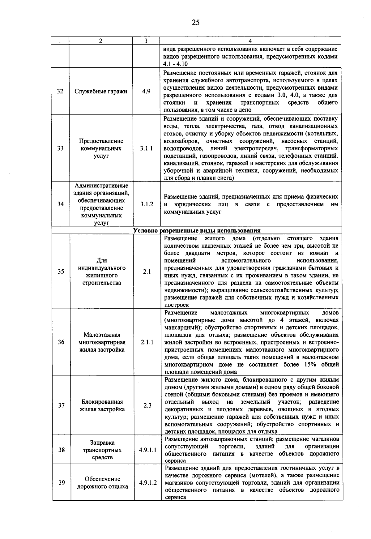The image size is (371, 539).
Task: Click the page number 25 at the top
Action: coord(195,22)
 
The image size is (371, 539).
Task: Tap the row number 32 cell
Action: coord(60,92)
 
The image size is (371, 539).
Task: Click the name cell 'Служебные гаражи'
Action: coord(101,92)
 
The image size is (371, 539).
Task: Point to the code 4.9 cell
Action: coord(146,92)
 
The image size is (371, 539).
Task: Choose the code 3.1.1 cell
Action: coord(146,148)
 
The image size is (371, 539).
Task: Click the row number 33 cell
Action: coord(60,148)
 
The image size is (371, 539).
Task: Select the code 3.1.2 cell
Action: coord(146,204)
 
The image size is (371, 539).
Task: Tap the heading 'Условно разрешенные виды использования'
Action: coord(197,230)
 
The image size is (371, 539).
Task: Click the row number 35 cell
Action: coord(61,272)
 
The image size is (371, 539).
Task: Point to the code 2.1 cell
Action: coord(147,272)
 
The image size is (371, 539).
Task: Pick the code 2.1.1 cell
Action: coord(147,342)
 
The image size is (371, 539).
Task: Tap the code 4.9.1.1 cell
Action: coord(147,450)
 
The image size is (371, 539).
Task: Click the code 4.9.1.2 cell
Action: coord(148,483)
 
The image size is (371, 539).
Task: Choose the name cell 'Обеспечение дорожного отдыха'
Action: coord(102,483)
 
